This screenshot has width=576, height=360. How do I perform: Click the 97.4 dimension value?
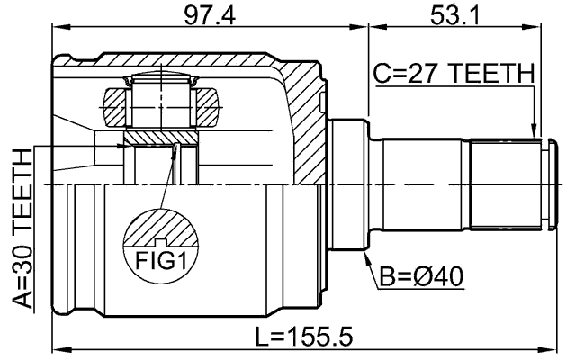tap(209, 15)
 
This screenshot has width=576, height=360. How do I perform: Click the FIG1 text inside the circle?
tap(160, 261)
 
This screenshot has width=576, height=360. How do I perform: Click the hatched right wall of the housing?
tap(306, 126)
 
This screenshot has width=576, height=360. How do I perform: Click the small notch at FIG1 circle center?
tap(160, 241)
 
